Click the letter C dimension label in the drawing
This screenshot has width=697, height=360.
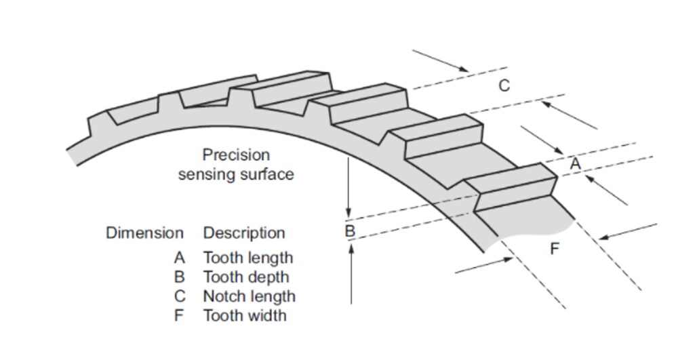point(504,86)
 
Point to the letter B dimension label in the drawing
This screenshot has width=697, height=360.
point(350,231)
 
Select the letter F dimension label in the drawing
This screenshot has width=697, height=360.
point(555,249)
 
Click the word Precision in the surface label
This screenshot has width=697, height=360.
point(235,155)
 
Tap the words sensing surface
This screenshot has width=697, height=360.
point(236,174)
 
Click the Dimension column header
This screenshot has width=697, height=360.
point(144,233)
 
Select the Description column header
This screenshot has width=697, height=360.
point(244,233)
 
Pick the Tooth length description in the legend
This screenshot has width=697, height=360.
point(248,258)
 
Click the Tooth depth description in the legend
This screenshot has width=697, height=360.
point(245,277)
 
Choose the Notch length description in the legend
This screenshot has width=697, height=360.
point(249,296)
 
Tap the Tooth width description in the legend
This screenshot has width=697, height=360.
point(244,315)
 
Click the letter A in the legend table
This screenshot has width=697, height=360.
point(179,258)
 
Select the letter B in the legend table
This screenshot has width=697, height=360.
point(179,277)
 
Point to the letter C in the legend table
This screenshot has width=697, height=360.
point(179,296)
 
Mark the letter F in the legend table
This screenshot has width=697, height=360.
point(179,315)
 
